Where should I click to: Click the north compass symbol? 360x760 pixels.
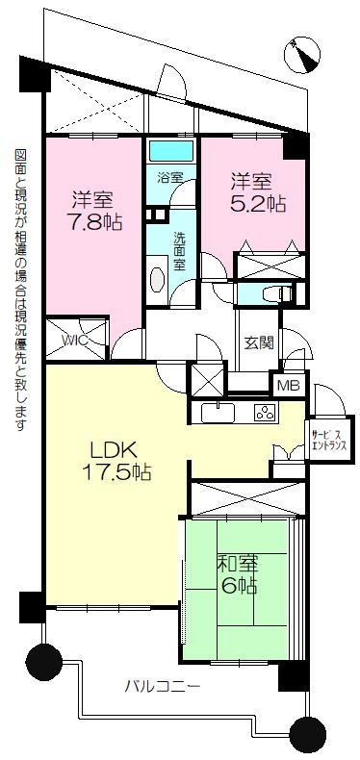[302, 56]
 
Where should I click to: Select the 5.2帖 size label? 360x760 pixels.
[257, 205]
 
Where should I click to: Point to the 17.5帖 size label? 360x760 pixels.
[116, 471]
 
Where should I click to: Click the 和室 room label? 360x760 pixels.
[237, 564]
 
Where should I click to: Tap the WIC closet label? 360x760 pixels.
[75, 340]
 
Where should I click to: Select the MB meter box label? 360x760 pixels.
[290, 387]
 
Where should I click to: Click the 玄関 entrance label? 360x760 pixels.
[257, 342]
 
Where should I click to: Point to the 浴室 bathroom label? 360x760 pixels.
[169, 176]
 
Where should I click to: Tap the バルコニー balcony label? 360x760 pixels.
[163, 687]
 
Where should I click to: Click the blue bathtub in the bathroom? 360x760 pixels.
[171, 151]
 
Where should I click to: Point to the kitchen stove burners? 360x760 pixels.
[266, 413]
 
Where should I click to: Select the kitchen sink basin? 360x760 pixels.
[218, 413]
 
